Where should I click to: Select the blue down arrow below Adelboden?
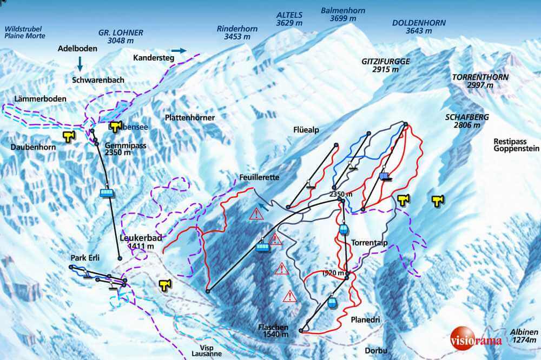[80, 64]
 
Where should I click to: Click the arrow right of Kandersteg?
[179, 50]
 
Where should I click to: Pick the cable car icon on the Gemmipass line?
[107, 192]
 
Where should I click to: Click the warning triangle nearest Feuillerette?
[256, 214]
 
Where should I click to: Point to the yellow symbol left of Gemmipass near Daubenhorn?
[68, 136]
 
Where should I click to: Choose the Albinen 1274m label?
[523, 336]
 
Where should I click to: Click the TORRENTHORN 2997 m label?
[480, 81]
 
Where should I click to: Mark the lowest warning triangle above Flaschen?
[291, 296]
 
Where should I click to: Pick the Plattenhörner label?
[190, 117]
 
